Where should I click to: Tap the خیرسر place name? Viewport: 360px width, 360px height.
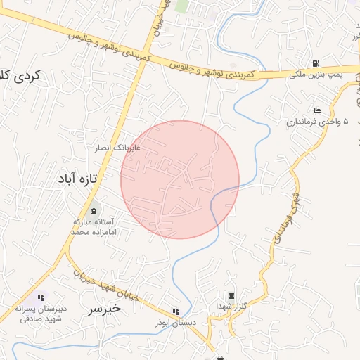click(104, 308)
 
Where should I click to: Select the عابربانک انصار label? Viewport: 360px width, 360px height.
click(119, 148)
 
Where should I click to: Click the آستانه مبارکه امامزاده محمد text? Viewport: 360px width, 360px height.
click(94, 226)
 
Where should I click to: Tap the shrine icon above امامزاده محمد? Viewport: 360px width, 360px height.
click(94, 210)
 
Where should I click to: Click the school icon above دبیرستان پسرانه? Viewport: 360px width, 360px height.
click(40, 298)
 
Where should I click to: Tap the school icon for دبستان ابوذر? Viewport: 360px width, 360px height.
click(175, 311)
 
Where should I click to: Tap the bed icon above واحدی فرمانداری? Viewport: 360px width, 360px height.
click(318, 110)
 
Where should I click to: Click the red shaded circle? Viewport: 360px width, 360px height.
click(180, 179)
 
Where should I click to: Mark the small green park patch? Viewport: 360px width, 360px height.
click(181, 6)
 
